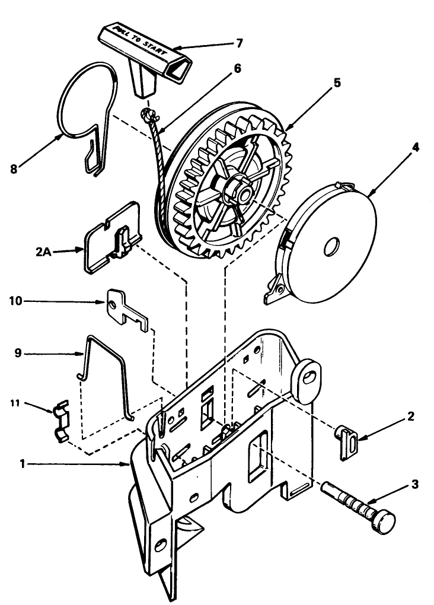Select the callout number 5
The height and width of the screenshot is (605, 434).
(336, 82)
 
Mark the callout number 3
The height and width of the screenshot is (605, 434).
(414, 485)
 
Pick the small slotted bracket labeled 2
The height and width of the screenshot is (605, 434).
(346, 442)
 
